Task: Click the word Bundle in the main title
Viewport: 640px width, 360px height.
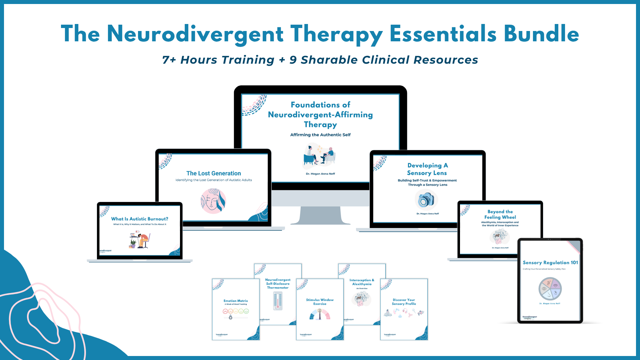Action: pos(541,34)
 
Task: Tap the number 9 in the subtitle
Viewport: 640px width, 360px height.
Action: pos(293,60)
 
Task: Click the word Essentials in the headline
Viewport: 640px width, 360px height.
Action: pos(443,34)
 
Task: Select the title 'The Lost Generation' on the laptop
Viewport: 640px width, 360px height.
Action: pos(213,173)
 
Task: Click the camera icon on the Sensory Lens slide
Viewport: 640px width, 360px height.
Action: pos(426,200)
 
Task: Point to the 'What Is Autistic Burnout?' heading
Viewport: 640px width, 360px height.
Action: pos(140,219)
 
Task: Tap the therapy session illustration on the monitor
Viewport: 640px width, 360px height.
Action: pos(319,156)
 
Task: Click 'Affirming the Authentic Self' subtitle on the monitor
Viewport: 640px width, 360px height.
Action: pos(320,135)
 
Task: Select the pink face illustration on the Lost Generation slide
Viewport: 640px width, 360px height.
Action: pos(213,201)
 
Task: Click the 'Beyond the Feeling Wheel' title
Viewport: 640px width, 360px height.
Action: pos(500,214)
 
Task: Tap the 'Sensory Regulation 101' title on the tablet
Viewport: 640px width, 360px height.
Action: pos(550,263)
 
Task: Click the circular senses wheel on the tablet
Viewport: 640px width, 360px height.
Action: pos(550,289)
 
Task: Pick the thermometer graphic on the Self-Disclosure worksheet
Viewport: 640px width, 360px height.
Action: pos(278,301)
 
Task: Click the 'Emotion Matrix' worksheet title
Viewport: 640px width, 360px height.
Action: pos(236,301)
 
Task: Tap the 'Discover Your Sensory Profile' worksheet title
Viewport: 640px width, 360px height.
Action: pos(404,302)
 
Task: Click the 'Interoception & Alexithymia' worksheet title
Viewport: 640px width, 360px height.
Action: pos(362,282)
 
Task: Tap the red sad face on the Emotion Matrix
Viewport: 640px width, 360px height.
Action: pos(225,311)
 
